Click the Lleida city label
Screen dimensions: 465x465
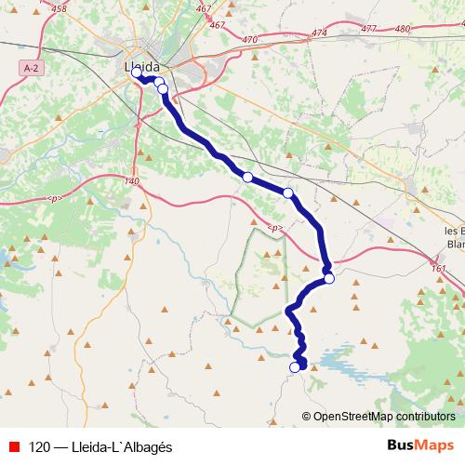point(141,67)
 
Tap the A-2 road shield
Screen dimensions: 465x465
point(30,68)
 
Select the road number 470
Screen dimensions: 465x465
point(248,40)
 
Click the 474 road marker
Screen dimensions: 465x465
point(321,33)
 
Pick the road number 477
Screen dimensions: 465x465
point(368,29)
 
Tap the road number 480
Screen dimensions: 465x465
point(403,29)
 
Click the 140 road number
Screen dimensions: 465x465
point(131,180)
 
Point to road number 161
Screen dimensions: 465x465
point(439,269)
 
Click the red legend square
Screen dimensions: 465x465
point(16,445)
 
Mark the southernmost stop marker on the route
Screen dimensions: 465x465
point(295,367)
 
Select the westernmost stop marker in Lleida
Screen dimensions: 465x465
point(137,72)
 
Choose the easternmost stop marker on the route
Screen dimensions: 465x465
point(329,277)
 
